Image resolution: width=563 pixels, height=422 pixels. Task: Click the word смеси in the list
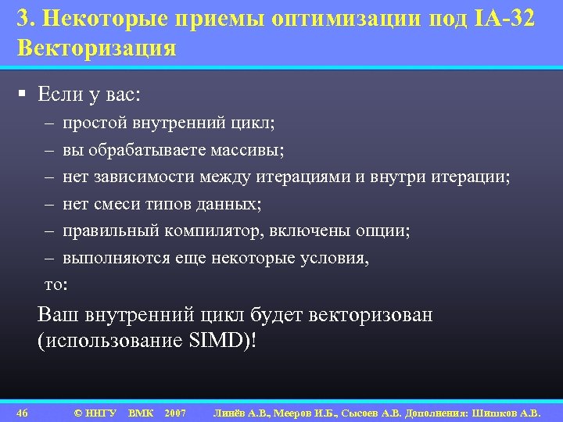coord(121,205)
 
